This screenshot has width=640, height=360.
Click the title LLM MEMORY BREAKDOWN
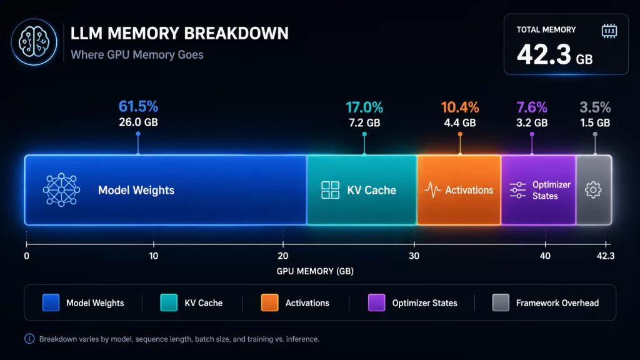tap(179, 34)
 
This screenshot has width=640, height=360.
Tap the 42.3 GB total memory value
tap(554, 54)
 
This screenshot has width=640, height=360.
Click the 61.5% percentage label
tap(138, 107)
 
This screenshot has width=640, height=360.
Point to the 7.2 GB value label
tap(364, 122)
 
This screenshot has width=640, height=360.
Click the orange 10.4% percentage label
tap(460, 107)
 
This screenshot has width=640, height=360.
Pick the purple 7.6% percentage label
tap(532, 107)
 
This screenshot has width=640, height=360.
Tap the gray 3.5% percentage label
tap(594, 107)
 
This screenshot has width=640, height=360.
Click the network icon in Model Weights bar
tap(61, 190)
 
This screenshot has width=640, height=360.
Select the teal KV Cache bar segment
tap(362, 190)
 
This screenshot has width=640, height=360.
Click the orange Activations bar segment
tap(459, 190)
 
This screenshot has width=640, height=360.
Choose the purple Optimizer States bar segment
tap(538, 190)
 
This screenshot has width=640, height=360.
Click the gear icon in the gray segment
tap(593, 190)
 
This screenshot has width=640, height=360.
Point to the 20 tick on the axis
tap(282, 256)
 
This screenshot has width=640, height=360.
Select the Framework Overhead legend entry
tap(546, 303)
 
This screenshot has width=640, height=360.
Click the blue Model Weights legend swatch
tap(51, 303)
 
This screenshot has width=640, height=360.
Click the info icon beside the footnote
tap(29, 339)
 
